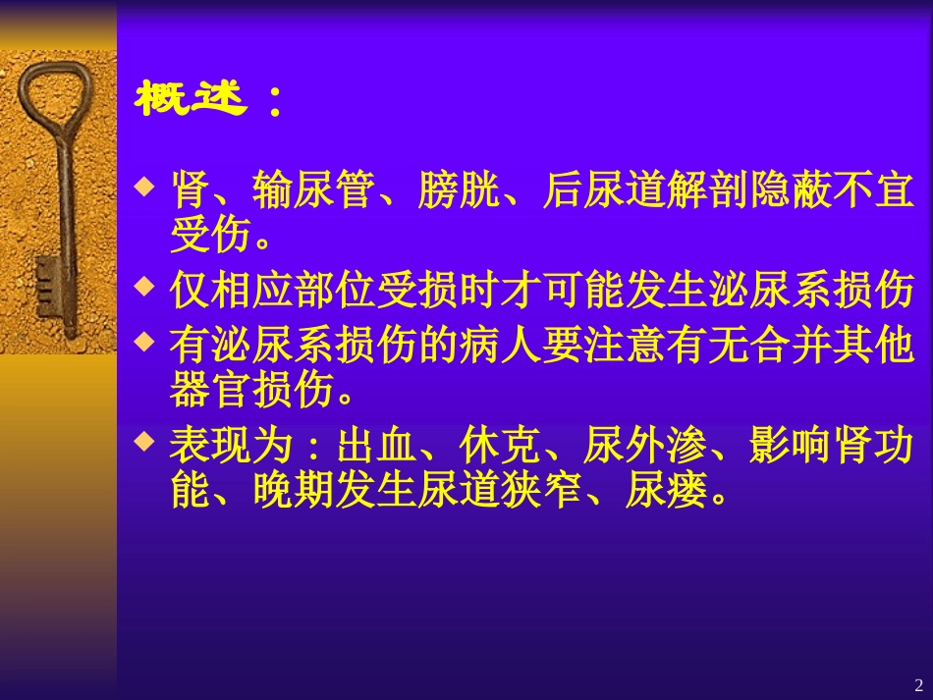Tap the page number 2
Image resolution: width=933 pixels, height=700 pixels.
(918, 684)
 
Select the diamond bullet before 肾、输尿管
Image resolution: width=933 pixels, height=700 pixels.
(145, 184)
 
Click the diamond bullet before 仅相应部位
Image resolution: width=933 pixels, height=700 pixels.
(145, 286)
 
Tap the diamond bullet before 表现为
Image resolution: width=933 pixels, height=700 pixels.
(145, 442)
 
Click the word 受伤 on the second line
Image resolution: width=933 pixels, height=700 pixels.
(210, 236)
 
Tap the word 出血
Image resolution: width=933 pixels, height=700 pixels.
(377, 445)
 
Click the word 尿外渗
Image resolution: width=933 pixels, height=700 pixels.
(642, 445)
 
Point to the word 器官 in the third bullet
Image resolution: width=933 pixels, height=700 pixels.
(210, 391)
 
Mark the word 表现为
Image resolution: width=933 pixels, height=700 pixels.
(232, 445)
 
